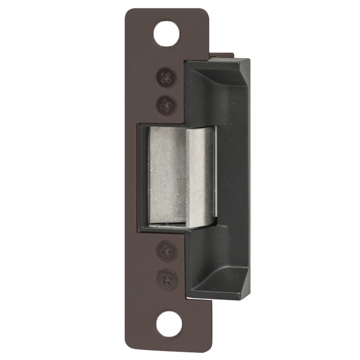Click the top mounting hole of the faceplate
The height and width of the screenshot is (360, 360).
(x=166, y=33)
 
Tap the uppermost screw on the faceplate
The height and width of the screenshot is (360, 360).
(x=166, y=77)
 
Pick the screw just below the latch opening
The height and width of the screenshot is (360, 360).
(x=166, y=251)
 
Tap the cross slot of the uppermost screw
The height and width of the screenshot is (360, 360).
(x=166, y=77)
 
